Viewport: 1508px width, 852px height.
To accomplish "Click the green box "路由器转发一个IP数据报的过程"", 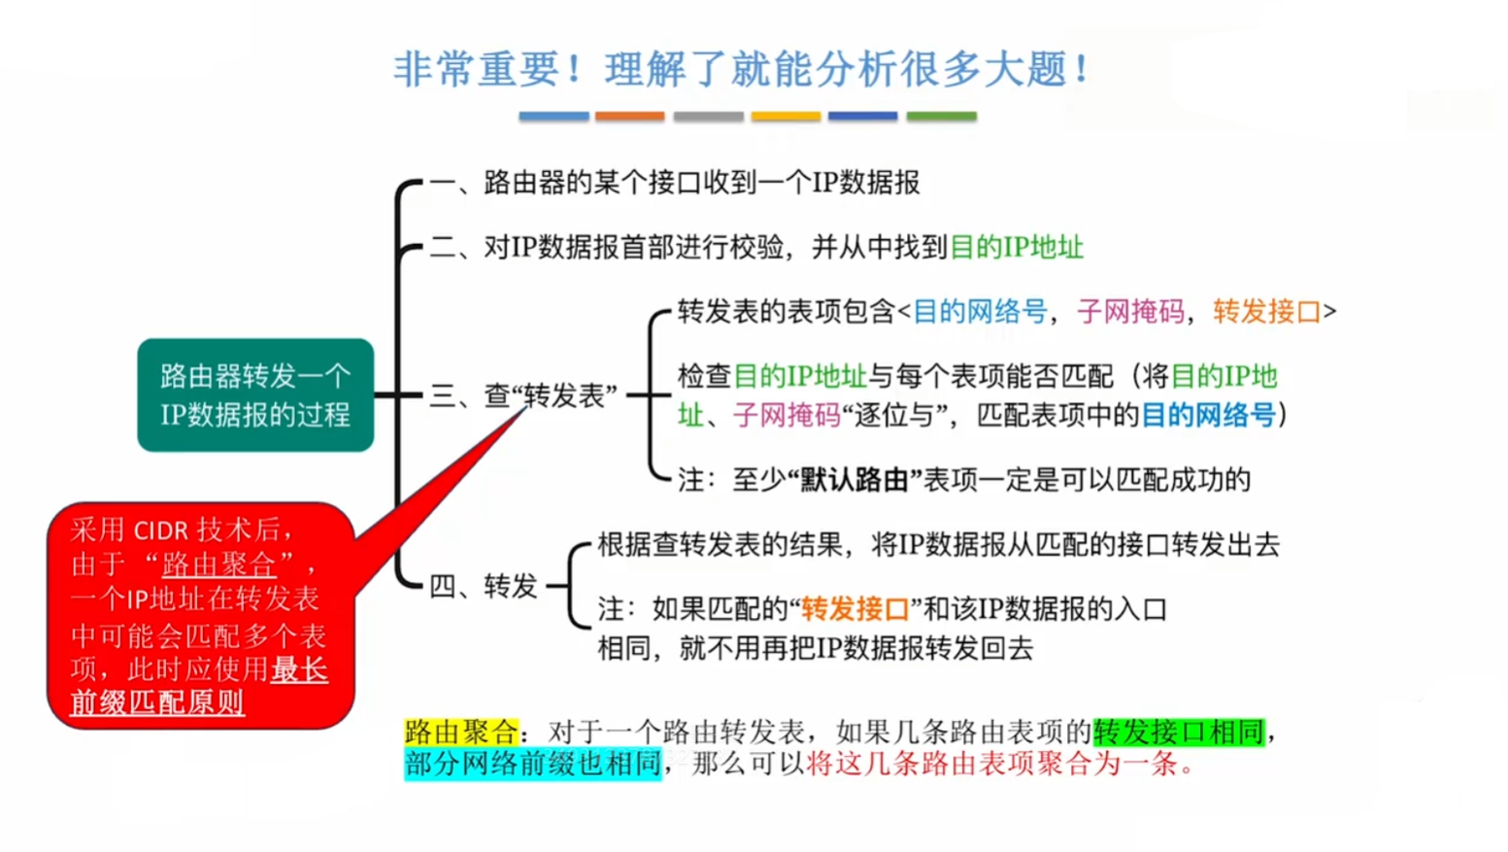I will click(255, 395).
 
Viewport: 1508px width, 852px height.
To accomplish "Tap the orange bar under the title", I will click(630, 117).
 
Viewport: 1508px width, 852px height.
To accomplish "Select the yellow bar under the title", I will click(786, 117).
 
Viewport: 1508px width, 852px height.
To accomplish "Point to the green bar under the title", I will click(941, 117).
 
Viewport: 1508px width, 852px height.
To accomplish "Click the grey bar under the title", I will click(708, 117).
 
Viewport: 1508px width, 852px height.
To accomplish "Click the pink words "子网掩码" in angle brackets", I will click(1130, 312).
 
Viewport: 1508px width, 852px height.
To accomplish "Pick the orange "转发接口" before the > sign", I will click(1266, 312).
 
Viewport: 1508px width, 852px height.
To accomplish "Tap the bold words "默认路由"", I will click(854, 480).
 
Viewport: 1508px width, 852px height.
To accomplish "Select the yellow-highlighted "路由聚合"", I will click(461, 732).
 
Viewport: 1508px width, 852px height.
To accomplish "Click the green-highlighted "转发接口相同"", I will click(1179, 732).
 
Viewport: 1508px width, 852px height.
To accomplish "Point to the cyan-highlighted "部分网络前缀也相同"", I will click(532, 764).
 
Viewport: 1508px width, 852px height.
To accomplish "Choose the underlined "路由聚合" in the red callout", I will click(218, 564).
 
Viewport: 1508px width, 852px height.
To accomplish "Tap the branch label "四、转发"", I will click(483, 587).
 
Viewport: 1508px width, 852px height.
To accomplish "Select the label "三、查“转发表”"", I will click(522, 395).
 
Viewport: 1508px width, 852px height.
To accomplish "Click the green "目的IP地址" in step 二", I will click(1016, 248).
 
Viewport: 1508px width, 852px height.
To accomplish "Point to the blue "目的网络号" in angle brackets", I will click(980, 312).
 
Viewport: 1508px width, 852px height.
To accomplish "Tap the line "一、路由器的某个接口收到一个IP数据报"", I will click(675, 183).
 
